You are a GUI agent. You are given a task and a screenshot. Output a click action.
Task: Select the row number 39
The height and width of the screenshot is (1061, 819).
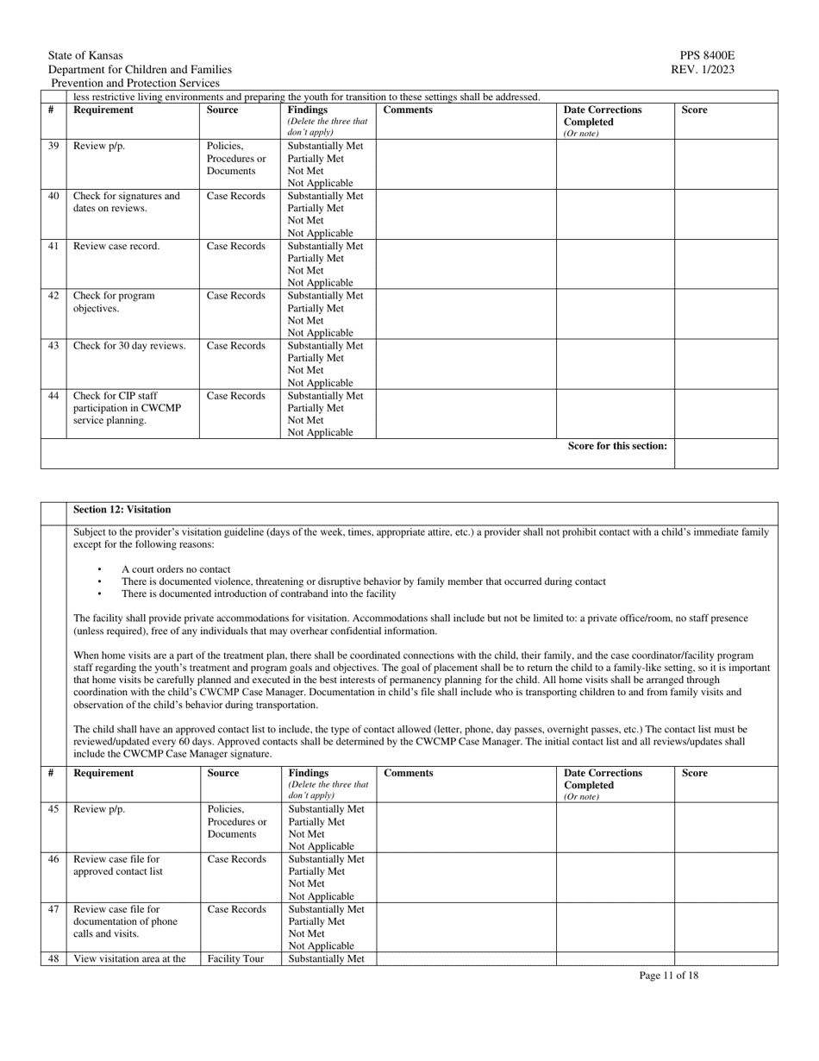tap(53, 146)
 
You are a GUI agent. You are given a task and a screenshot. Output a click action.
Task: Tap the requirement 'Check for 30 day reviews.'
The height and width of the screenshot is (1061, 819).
tap(129, 346)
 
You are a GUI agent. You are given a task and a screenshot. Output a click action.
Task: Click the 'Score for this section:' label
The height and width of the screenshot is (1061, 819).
tap(617, 446)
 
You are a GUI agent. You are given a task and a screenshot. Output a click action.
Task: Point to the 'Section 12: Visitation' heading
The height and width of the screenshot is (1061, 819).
tap(122, 510)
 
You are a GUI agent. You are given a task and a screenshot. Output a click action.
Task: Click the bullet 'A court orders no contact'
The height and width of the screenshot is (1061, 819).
tap(176, 569)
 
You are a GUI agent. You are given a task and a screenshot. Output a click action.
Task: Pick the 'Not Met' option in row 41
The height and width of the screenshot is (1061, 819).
tap(305, 270)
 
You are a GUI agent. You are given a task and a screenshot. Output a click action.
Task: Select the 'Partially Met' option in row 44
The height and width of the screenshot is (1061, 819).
tap(316, 408)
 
